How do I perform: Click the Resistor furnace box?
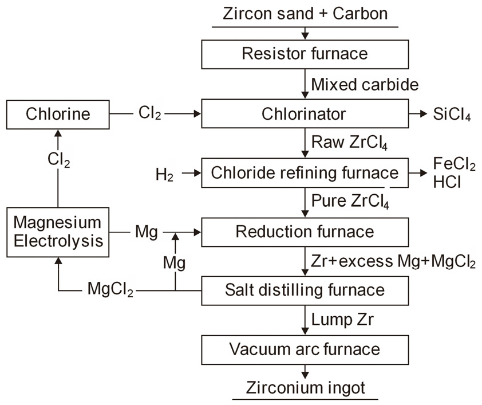(305, 54)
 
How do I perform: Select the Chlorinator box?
(305, 114)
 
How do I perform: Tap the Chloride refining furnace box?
(305, 172)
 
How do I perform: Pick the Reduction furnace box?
(305, 232)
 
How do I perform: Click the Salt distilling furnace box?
(305, 290)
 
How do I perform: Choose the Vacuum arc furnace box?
(305, 349)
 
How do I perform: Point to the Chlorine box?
(58, 114)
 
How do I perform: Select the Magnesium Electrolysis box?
(58, 231)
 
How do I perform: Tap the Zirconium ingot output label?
(306, 387)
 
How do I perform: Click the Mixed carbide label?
(365, 85)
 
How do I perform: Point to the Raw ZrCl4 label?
(349, 143)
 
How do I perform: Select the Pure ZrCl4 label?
(350, 203)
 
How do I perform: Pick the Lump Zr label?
(342, 320)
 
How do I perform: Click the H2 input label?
(164, 173)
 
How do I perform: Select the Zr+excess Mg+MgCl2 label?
(393, 262)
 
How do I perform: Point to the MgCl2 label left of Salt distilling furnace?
(110, 291)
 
